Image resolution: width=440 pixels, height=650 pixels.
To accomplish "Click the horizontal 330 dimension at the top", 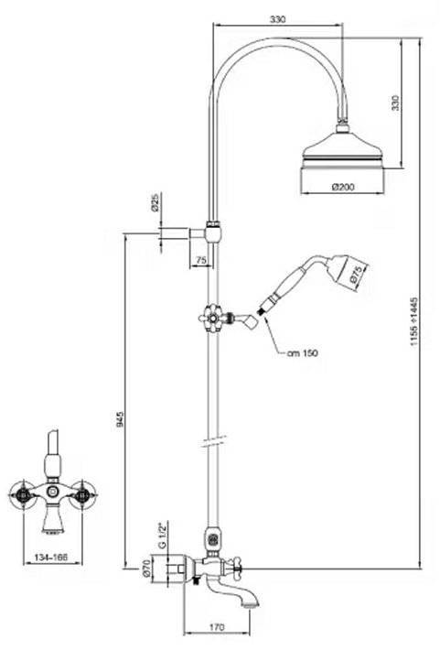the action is pyautogui.click(x=277, y=19).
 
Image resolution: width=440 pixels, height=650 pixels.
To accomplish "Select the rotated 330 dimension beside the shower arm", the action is pyautogui.click(x=396, y=103).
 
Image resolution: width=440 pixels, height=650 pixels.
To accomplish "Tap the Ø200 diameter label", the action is pyautogui.click(x=343, y=187).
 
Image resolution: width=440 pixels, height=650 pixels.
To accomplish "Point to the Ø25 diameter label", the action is pyautogui.click(x=156, y=203).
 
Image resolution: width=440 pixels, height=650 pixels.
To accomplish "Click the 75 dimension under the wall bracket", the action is pyautogui.click(x=201, y=260).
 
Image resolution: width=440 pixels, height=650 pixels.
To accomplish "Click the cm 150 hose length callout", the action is pyautogui.click(x=303, y=352).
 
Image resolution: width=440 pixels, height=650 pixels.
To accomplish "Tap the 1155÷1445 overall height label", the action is pyautogui.click(x=414, y=321).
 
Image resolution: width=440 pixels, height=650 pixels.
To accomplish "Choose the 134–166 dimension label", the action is pyautogui.click(x=50, y=558).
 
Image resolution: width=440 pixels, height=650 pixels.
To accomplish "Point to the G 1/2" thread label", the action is pyautogui.click(x=162, y=535).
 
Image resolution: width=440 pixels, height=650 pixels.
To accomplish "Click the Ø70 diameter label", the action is pyautogui.click(x=145, y=568).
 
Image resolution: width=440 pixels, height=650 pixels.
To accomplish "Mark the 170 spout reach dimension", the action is pyautogui.click(x=217, y=627).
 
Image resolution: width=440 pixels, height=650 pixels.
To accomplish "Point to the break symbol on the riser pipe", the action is pyautogui.click(x=213, y=441).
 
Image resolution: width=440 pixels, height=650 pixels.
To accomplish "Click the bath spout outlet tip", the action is pyautogui.click(x=251, y=606).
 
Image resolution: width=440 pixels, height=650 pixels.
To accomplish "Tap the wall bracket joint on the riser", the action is pyautogui.click(x=213, y=233).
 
